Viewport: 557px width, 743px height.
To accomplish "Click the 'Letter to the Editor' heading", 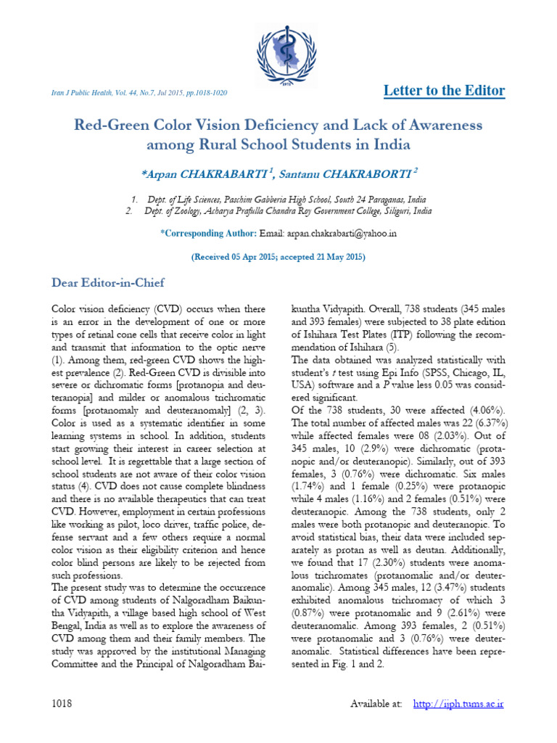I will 443,91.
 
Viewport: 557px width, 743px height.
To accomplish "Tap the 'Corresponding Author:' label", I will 207,234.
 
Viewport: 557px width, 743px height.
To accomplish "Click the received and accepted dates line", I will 278,258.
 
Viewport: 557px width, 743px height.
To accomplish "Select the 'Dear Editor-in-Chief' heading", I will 108,282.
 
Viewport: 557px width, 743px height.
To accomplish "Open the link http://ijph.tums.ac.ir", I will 458,705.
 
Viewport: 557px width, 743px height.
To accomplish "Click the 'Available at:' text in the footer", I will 376,705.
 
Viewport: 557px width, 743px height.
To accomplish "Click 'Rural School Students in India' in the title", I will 278,144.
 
